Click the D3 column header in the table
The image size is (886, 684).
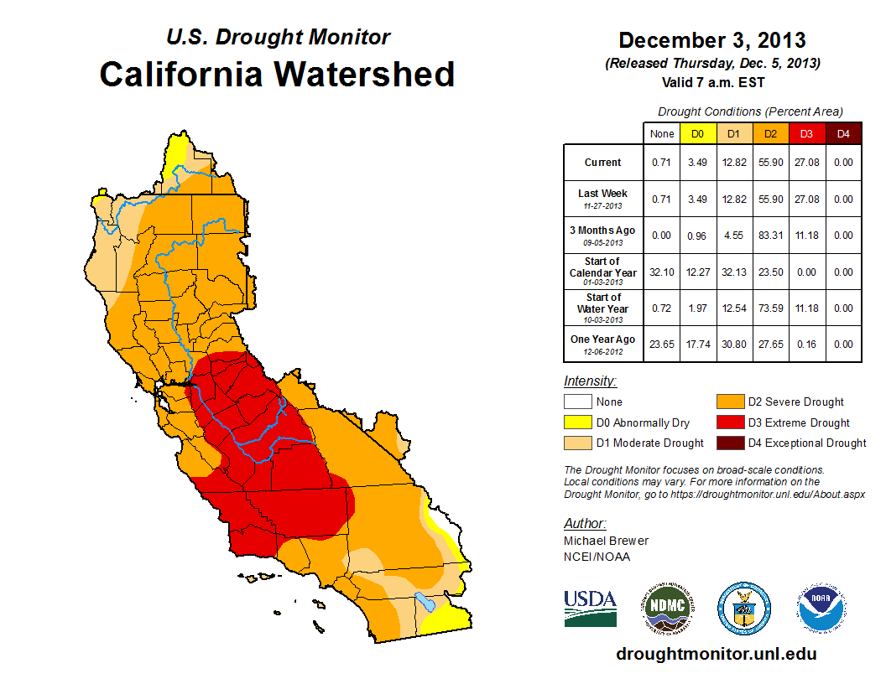coord(806,133)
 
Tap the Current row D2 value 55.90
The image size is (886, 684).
coord(770,163)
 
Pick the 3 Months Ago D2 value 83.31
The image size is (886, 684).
coord(770,236)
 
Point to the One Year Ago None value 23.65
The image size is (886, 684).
coord(661,344)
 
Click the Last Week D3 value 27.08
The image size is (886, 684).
coord(806,199)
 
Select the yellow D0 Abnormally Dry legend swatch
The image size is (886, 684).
coord(577,422)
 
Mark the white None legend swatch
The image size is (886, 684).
coord(577,402)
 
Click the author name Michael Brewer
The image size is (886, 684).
coord(606,541)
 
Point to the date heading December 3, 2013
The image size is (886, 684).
coord(712,40)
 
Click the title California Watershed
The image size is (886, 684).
coord(277,74)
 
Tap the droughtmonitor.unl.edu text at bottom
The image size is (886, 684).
coord(716,654)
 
